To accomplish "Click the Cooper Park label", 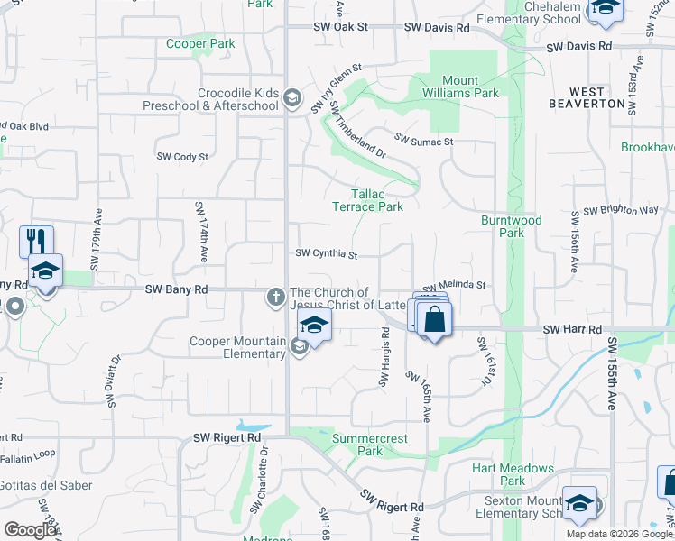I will coord(200,43).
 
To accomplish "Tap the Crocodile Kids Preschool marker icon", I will coord(291,96).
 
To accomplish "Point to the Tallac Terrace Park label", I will coord(367,200).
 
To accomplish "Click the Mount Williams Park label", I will coord(459,87).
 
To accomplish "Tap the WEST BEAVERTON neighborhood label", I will coord(587,97).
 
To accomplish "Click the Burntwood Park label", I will coord(511,225).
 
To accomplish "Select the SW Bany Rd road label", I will coord(177,289).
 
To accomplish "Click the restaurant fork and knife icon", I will coord(36,240).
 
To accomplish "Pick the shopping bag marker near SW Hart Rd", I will coord(434,318).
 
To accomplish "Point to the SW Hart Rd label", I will coord(572,330).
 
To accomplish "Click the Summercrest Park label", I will coord(370,445).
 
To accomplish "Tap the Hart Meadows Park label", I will coord(513,474).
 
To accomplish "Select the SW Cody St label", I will coord(182,156).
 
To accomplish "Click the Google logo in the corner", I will coord(31,530).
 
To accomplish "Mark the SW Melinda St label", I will coord(460,284).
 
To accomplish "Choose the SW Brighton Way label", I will coord(621,210).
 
